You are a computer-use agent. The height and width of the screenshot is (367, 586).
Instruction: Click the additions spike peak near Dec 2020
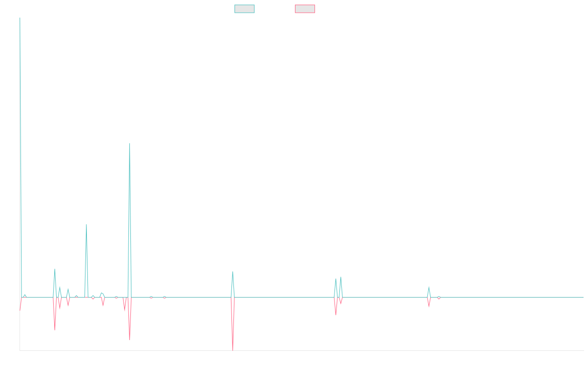[129, 143]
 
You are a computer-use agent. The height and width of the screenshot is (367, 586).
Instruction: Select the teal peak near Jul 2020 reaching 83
[86, 224]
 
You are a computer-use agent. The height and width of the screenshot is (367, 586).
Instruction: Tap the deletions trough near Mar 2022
[233, 350]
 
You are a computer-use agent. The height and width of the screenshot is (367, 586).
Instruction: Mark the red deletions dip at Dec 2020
[129, 339]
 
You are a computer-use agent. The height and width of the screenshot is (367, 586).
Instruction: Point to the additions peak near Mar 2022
[233, 272]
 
